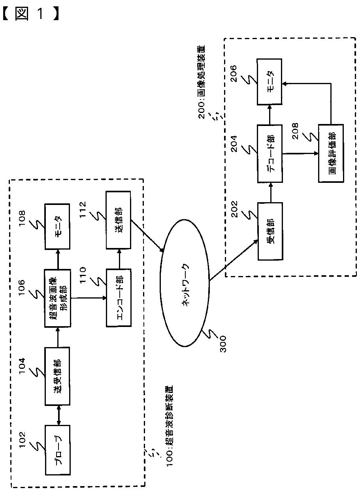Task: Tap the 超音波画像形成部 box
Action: click(x=58, y=298)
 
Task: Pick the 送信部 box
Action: click(x=118, y=220)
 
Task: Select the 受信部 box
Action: click(x=270, y=231)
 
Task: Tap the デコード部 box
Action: click(x=270, y=154)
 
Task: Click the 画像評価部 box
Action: click(x=331, y=153)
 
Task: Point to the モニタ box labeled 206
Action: click(x=269, y=82)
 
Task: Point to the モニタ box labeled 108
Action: click(x=57, y=227)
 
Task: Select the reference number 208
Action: click(x=295, y=131)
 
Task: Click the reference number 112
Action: click(x=83, y=210)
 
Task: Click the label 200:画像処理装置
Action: click(x=202, y=82)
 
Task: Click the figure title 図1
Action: click(x=31, y=14)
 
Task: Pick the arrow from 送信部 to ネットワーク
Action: click(x=147, y=236)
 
